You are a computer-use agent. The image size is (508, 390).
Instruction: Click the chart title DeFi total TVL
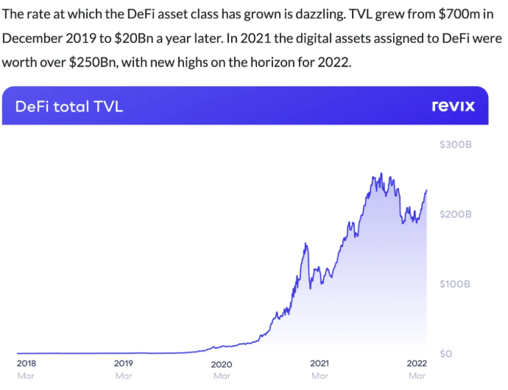[x=69, y=106]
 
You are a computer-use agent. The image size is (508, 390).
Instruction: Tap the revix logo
[x=453, y=106]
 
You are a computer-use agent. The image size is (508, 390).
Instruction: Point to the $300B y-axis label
[x=455, y=145]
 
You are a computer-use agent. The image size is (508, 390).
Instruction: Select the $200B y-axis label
[x=455, y=214]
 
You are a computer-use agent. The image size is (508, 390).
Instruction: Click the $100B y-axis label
[x=455, y=284]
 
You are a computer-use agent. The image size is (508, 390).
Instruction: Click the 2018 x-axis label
[x=26, y=363]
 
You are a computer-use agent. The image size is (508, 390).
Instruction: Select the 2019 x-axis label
[x=124, y=363]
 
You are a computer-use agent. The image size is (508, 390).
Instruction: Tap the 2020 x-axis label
[x=222, y=363]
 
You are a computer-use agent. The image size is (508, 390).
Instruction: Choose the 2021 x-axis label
[x=320, y=363]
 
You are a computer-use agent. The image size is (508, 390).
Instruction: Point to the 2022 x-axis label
[x=417, y=363]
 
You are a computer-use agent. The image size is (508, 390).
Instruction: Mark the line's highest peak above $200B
[x=381, y=174]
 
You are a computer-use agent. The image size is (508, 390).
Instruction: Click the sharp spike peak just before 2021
[x=306, y=243]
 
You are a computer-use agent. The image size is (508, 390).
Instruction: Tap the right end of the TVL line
[x=426, y=190]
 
